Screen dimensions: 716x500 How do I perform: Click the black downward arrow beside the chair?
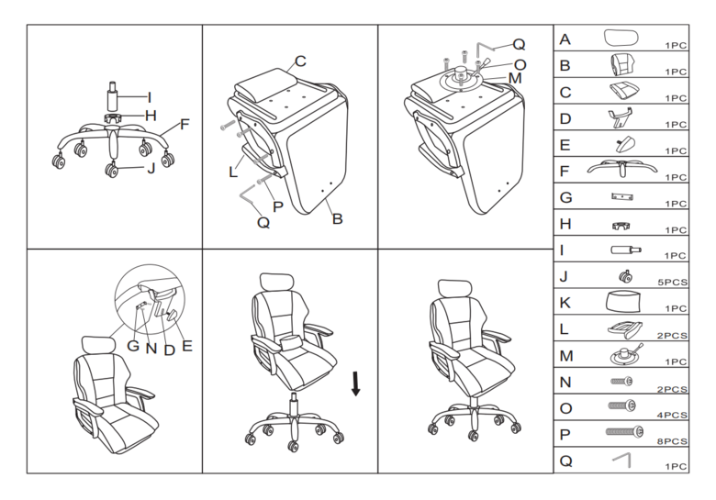pos(356,383)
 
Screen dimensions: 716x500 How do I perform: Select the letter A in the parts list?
pos(565,39)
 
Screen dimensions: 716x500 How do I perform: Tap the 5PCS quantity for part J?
pos(672,283)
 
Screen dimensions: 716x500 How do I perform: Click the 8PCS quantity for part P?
pos(672,441)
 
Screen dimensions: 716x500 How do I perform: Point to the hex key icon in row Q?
pos(623,460)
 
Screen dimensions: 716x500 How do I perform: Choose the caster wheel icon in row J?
pos(625,276)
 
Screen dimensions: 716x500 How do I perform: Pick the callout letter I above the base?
pos(149,97)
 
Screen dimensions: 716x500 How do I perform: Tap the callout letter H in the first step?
pos(151,116)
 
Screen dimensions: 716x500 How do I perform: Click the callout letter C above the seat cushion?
pos(300,61)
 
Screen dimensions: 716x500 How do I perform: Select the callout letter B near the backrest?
pos(337,219)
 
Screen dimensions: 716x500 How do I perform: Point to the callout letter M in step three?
pos(515,78)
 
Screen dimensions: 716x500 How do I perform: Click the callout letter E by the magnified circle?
pos(186,345)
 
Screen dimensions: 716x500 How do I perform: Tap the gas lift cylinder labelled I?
pos(112,95)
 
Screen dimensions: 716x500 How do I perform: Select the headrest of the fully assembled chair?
pos(454,288)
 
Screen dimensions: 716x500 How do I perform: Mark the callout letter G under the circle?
pos(133,346)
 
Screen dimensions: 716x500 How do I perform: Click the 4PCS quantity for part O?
pos(672,416)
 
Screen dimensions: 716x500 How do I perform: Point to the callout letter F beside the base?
pos(185,124)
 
